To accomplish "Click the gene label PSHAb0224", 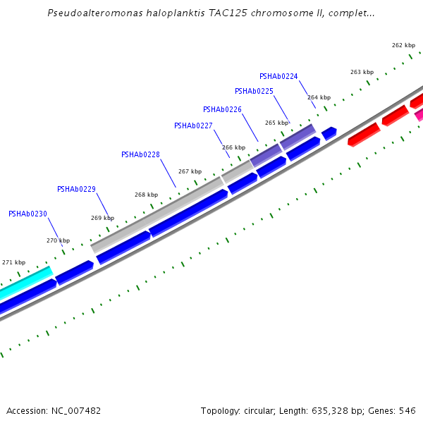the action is [278, 76].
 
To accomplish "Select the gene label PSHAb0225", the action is [254, 91].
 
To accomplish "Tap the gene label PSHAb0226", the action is [222, 109].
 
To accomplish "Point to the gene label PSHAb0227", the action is [193, 125].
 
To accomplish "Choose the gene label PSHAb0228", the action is [140, 154].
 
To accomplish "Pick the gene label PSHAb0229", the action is [76, 189].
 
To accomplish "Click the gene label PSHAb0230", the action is [27, 214].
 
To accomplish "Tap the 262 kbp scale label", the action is [403, 45].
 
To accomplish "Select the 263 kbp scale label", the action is [362, 72].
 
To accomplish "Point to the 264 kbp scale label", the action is [319, 97].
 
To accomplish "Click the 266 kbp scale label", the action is [233, 147].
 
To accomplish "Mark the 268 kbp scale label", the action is [146, 195].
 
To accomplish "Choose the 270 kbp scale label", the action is [58, 240].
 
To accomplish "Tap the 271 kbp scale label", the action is [13, 262].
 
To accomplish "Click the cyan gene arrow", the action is [25, 281].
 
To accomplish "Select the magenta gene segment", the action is [419, 114].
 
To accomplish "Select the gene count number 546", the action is [407, 410].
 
